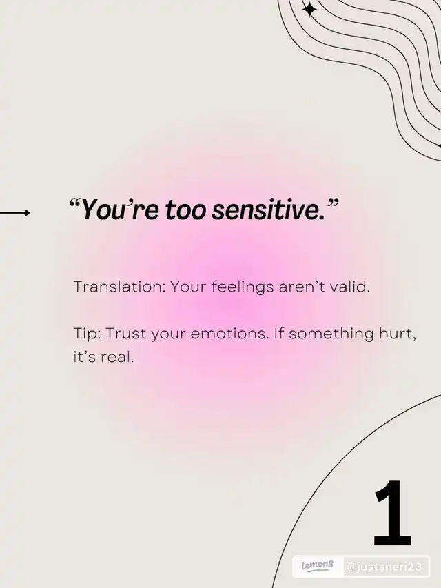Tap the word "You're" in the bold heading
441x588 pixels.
(x=120, y=210)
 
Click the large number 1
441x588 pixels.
(x=392, y=513)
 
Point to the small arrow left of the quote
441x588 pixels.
(x=14, y=213)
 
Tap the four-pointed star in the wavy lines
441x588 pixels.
(x=309, y=10)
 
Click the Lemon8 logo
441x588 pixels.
(x=318, y=566)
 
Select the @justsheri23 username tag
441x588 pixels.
(x=384, y=567)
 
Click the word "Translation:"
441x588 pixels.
(x=120, y=287)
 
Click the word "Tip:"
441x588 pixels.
(x=87, y=334)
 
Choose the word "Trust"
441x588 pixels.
(x=126, y=334)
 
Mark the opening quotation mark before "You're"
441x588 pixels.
(x=75, y=204)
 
